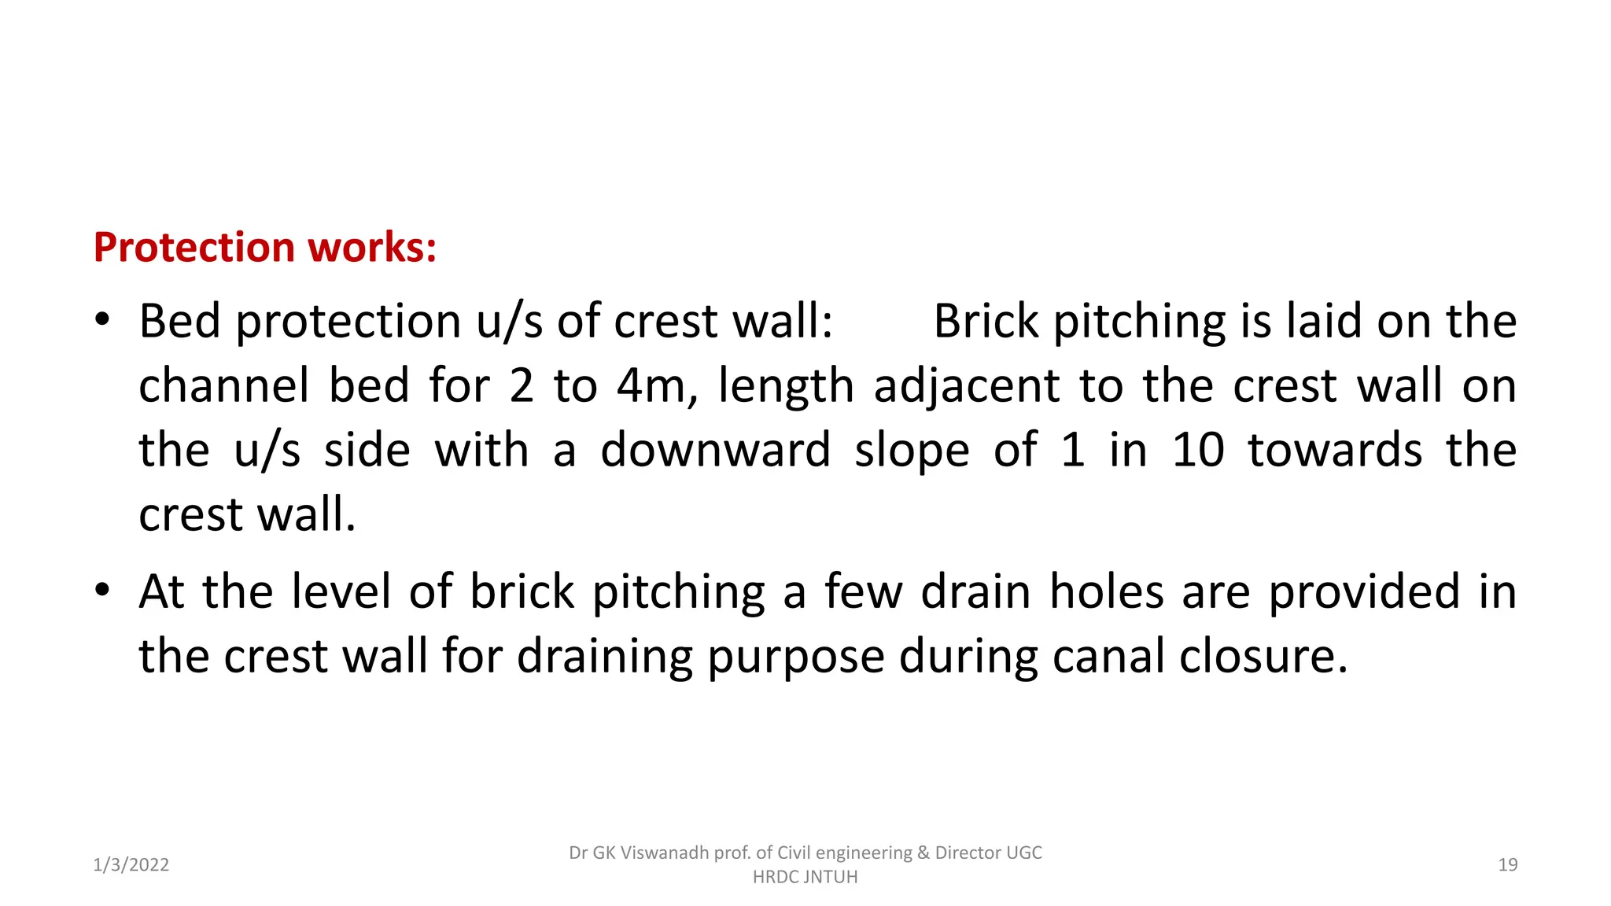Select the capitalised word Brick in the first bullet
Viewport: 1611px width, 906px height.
pos(986,322)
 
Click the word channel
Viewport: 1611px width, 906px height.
pos(223,386)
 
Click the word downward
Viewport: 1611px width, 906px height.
pos(715,451)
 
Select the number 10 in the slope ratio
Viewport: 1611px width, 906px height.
pos(1197,451)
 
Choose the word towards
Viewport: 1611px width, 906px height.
pos(1335,451)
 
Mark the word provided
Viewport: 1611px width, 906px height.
pos(1364,592)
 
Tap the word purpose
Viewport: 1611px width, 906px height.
pos(795,657)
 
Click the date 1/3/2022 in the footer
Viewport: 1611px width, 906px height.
pos(131,865)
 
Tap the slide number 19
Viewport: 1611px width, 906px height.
pos(1507,865)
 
